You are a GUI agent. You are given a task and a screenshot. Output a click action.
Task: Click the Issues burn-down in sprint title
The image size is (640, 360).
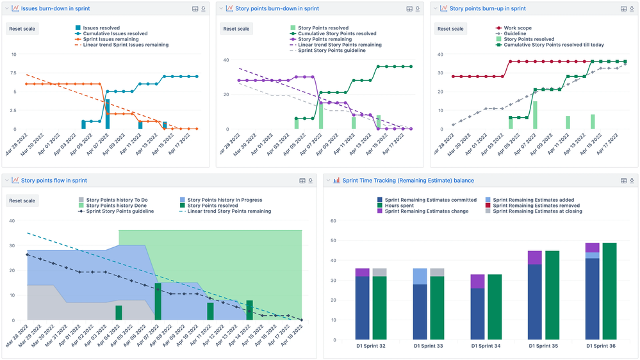pos(56,8)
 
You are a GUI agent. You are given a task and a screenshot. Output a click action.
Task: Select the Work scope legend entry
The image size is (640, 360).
pos(513,28)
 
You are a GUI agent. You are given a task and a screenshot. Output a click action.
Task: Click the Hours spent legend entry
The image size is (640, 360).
pos(395,206)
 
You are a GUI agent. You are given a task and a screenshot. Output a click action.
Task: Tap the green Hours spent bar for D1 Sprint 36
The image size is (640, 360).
pos(609,291)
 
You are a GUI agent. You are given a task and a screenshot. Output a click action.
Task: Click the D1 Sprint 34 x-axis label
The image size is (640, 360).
pos(486,346)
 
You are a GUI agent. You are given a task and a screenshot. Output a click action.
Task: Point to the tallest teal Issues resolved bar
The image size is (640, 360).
pos(108,114)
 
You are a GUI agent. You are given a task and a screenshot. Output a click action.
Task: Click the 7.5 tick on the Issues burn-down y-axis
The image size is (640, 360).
pos(13,73)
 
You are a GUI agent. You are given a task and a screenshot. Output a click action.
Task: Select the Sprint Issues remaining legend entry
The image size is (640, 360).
pos(107,39)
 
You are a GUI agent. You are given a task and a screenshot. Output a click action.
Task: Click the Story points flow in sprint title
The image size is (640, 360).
pos(54,181)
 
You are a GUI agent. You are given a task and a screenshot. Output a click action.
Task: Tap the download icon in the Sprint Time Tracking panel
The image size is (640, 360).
pos(632,181)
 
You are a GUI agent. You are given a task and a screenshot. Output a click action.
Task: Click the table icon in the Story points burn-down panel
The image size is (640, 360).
pos(409,8)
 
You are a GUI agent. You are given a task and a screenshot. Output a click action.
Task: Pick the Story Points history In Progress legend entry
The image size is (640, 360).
pos(221,200)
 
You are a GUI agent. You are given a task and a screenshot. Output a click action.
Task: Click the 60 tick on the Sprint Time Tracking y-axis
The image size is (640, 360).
pos(334,221)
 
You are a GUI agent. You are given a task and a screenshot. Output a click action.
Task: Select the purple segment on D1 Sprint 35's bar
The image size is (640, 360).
pos(535,258)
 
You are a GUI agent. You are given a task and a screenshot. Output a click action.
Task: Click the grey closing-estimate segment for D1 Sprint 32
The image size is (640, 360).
pos(379,272)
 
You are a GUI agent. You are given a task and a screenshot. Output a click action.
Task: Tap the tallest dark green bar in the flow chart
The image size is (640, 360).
pos(158,302)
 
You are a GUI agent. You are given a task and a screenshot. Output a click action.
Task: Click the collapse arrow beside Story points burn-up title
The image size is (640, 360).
pos(435,8)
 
